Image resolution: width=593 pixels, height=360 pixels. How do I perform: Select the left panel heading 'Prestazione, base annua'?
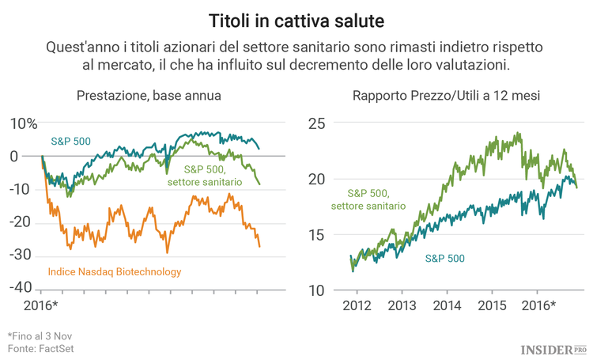pos(149,96)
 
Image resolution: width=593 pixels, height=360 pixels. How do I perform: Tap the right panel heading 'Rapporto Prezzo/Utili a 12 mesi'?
pos(445,96)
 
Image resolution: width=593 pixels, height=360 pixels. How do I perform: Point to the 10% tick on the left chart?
pos(24,123)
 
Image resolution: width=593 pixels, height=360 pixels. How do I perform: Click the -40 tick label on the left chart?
pos(21,286)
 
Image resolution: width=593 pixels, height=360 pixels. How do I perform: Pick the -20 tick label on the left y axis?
pos(21,222)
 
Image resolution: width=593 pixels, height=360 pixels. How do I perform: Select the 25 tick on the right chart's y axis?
pos(316,123)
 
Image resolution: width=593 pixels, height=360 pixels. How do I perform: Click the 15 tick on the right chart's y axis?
pos(316,235)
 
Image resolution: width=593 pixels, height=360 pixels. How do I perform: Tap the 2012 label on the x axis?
pos(356,305)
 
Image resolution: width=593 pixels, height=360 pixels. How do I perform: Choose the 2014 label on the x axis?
pos(447,305)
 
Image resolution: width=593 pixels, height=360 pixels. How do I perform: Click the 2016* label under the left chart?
pos(43,305)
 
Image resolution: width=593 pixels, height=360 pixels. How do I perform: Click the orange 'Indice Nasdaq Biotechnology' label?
pos(115,271)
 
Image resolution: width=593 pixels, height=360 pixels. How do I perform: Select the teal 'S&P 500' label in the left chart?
pos(70,142)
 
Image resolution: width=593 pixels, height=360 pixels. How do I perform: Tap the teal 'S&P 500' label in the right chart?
pos(444,258)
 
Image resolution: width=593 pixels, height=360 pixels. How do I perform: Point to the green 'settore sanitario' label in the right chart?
pos(368,206)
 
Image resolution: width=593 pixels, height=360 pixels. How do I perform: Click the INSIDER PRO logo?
pos(553,347)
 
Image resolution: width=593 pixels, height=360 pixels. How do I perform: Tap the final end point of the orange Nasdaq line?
pos(259,247)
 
